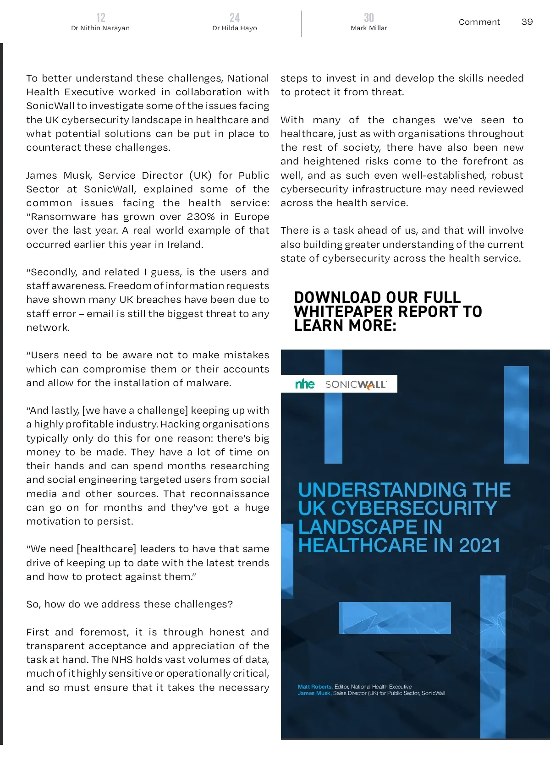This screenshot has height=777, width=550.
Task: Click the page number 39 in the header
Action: [527, 22]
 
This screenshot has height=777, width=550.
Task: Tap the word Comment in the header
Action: [479, 22]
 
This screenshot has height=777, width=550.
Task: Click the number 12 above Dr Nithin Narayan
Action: [100, 17]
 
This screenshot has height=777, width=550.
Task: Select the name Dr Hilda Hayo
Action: [234, 28]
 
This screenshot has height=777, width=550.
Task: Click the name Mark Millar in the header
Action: [368, 28]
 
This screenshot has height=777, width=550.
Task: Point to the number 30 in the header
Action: [368, 17]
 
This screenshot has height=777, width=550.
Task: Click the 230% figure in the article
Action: [200, 217]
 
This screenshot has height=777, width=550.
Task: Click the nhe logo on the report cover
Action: [305, 384]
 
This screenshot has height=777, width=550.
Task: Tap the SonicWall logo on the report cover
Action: [356, 384]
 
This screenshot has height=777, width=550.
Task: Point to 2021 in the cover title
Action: [479, 546]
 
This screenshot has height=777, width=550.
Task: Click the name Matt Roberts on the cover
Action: [315, 687]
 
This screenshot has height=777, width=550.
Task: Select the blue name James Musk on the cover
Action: [314, 693]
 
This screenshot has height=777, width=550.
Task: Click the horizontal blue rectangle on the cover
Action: [395, 618]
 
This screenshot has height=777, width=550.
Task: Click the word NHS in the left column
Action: [122, 660]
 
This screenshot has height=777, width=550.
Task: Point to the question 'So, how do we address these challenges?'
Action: [129, 604]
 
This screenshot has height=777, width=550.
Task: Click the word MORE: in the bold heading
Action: [373, 326]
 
